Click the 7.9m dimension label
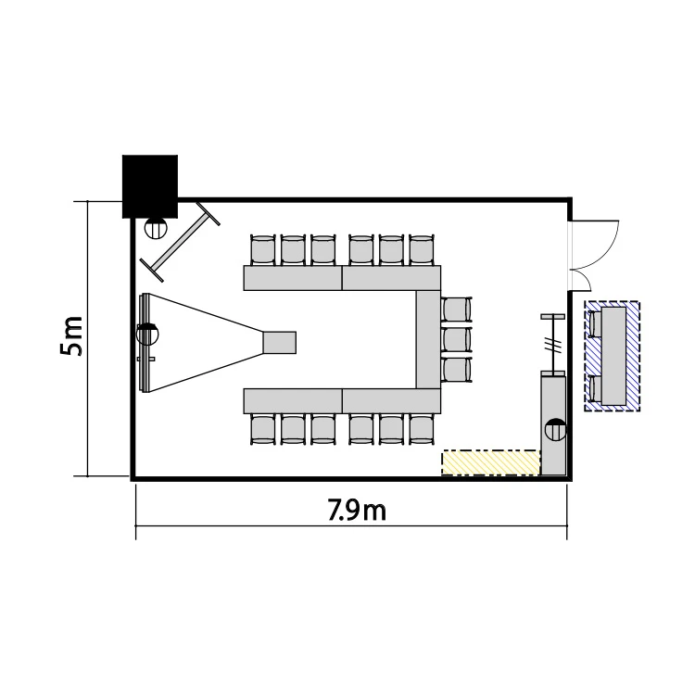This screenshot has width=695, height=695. coord(357,510)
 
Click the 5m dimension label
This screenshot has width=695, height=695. coord(71,335)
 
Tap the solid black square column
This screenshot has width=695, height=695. coord(150,186)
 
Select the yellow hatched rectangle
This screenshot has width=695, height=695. coord(490,462)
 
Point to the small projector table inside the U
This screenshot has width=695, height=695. coord(280,342)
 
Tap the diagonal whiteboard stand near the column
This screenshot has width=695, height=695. coord(180,242)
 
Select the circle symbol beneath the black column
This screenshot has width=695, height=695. coord(156,229)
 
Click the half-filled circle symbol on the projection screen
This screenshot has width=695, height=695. coord(147,335)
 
